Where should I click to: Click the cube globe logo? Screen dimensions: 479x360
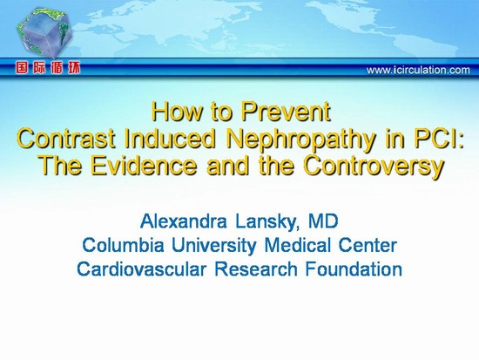pyautogui.click(x=44, y=33)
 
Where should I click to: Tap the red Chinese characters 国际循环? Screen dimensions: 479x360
pyautogui.click(x=48, y=68)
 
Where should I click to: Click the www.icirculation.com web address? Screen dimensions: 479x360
pyautogui.click(x=418, y=70)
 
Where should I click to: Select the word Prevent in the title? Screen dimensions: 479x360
pyautogui.click(x=286, y=112)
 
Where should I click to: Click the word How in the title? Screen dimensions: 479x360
pyautogui.click(x=177, y=112)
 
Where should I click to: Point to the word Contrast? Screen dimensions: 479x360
pyautogui.click(x=66, y=139)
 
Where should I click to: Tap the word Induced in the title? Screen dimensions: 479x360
pyautogui.click(x=170, y=139)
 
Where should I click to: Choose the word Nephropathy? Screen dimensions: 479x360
pyautogui.click(x=301, y=139)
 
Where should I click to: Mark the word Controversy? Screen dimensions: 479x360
pyautogui.click(x=374, y=166)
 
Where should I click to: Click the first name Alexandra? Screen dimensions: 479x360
pyautogui.click(x=184, y=221)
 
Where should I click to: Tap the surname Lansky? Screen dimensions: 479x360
pyautogui.click(x=267, y=222)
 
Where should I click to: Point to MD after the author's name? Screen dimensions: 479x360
pyautogui.click(x=323, y=221)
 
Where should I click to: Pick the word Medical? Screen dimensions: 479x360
pyautogui.click(x=297, y=245)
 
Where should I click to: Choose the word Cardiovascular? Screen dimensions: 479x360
pyautogui.click(x=141, y=269)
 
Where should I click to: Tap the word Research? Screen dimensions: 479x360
pyautogui.click(x=256, y=269)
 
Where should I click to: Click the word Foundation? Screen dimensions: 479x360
pyautogui.click(x=354, y=269)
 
